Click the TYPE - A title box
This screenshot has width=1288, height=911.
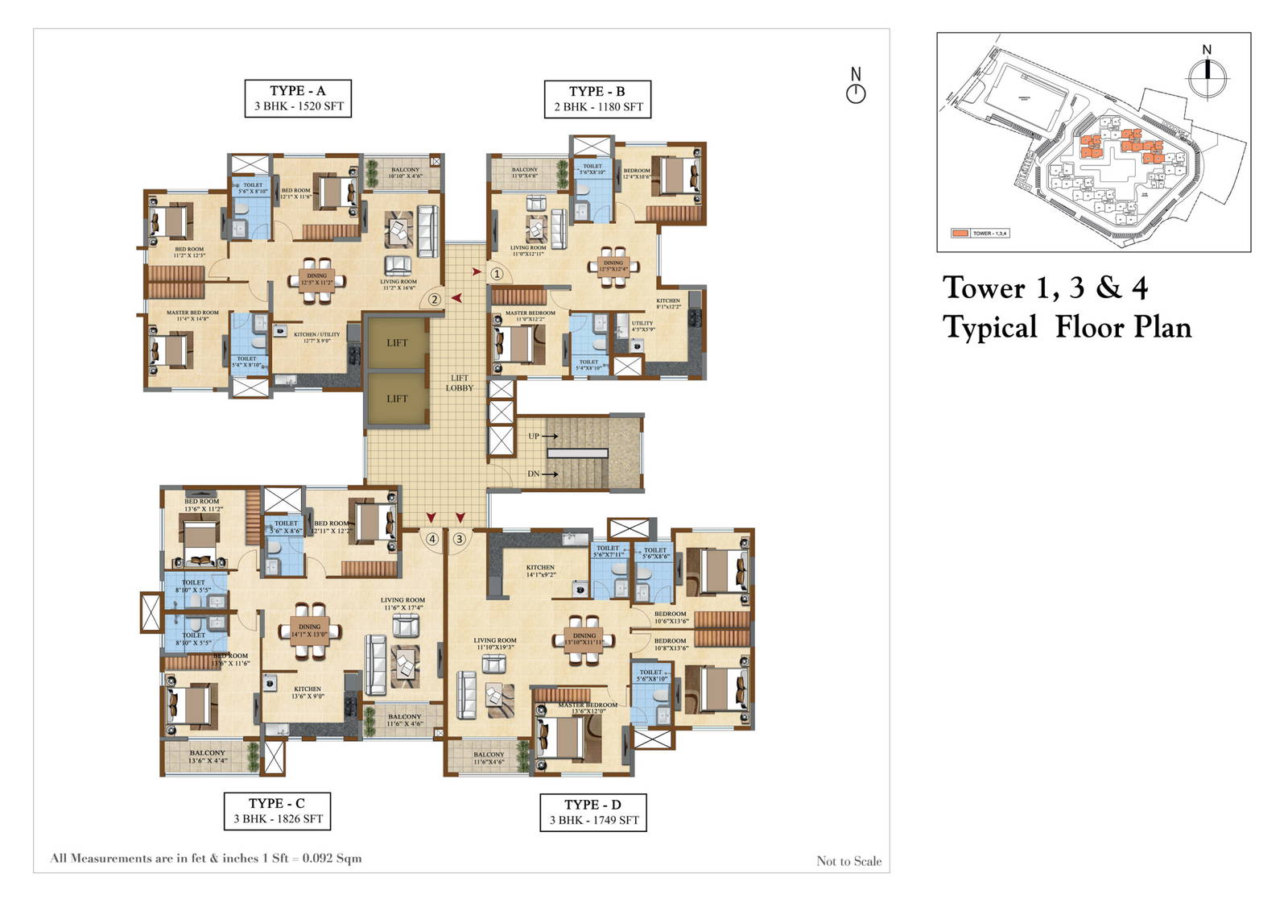(298, 98)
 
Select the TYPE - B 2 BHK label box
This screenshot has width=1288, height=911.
(597, 99)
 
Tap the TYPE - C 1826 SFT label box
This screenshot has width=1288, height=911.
(277, 810)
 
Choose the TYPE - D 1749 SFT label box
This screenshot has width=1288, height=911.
(593, 812)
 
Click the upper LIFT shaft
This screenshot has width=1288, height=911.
(397, 342)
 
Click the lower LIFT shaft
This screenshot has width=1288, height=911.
(397, 398)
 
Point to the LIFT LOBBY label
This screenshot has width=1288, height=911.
(460, 383)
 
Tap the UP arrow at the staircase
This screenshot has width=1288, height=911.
(550, 436)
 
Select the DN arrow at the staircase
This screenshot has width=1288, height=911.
(550, 474)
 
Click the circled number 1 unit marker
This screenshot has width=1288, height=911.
(497, 274)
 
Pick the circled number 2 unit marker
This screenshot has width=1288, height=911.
(434, 300)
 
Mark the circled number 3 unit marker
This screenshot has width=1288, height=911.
(460, 539)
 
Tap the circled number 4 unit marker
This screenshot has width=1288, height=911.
(432, 539)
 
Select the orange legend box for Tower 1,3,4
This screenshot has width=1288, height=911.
(960, 234)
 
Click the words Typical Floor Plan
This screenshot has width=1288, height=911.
(1067, 328)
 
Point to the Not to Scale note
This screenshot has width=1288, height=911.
(848, 861)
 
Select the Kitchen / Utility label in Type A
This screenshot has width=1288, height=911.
(316, 337)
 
